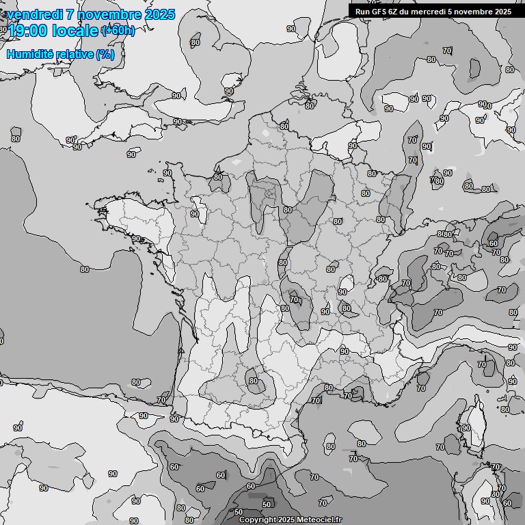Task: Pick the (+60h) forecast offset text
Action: [118, 30]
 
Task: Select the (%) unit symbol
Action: [105, 54]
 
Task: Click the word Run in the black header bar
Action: [362, 11]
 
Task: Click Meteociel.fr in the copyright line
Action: [319, 520]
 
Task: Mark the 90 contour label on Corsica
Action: [466, 428]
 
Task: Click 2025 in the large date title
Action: [159, 14]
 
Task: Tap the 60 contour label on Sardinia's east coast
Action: [507, 503]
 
